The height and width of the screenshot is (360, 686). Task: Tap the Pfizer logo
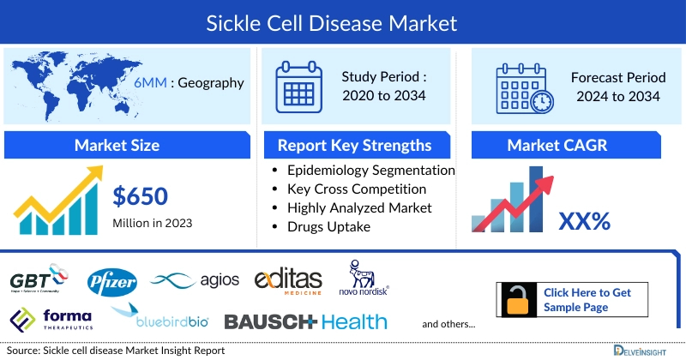click(x=112, y=280)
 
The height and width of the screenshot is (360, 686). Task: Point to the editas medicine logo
click(x=288, y=279)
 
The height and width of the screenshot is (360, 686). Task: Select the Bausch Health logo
click(x=305, y=321)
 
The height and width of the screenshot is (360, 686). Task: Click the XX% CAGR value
click(x=584, y=222)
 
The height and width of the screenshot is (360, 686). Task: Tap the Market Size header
click(x=117, y=145)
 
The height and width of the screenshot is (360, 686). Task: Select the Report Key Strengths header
click(x=354, y=145)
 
